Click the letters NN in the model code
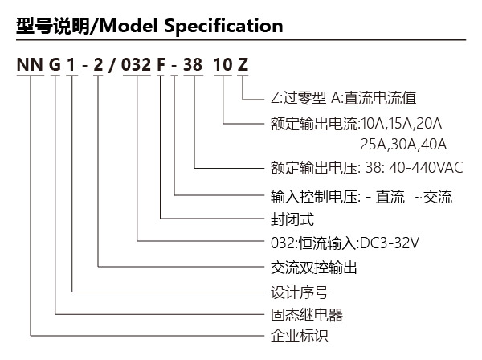tap(30, 64)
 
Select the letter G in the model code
tap(55, 64)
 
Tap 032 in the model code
tap(137, 64)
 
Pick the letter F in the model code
tap(161, 64)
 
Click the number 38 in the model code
tap(193, 64)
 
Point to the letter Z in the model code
tap(243, 64)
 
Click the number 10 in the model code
tap(223, 64)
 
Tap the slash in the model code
tap(112, 65)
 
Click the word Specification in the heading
tap(223, 26)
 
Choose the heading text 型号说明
tap(52, 26)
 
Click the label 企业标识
tap(300, 335)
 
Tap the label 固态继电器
tap(307, 314)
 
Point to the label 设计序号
tap(300, 292)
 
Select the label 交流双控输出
tap(314, 268)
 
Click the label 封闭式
tap(292, 219)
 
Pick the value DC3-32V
tap(390, 243)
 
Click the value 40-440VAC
tap(426, 168)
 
